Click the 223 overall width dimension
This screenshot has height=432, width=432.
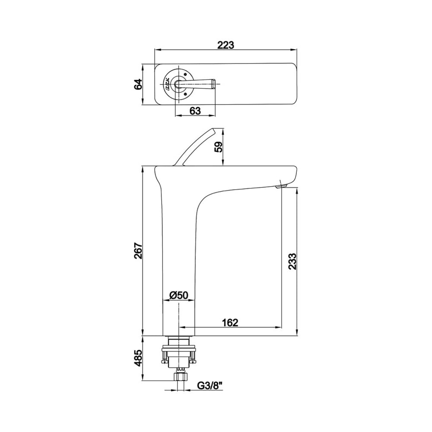tap(226, 45)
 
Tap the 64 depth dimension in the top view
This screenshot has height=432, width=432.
tap(138, 84)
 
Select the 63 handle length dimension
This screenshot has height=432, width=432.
tap(195, 111)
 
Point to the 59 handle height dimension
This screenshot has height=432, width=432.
tap(219, 147)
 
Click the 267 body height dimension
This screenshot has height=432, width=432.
tap(138, 251)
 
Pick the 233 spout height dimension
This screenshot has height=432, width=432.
tap(292, 261)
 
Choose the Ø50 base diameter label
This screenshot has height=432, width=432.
tap(178, 295)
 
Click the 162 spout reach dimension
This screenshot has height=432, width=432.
tap(230, 322)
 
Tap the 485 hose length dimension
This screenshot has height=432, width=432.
tap(138, 358)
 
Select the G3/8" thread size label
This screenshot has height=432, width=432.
tap(210, 386)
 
